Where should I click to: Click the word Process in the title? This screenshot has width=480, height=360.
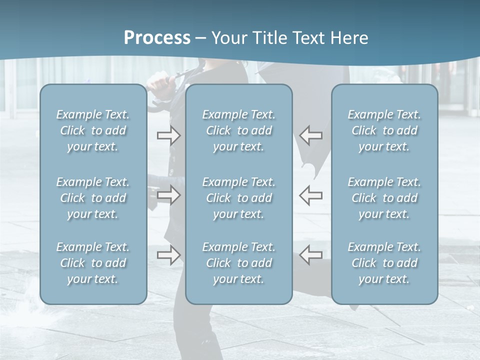[157, 38]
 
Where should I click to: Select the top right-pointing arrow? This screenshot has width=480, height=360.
[168, 135]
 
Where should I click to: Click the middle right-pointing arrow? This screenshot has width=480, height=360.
[168, 195]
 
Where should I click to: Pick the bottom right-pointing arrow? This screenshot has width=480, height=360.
[168, 255]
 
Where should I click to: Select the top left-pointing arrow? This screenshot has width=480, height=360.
[310, 135]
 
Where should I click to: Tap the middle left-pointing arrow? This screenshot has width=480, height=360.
[310, 195]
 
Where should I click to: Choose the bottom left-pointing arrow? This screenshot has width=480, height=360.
[310, 255]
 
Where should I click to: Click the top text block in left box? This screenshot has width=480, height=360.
[93, 130]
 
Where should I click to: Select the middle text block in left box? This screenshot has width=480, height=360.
[93, 198]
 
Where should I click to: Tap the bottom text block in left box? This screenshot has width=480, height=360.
[93, 263]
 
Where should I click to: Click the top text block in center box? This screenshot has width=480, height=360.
[239, 130]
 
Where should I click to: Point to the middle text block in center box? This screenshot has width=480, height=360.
[239, 198]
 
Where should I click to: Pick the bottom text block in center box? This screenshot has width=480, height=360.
[239, 263]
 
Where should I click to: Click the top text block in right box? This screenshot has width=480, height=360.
[384, 130]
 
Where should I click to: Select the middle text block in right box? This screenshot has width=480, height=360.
[384, 198]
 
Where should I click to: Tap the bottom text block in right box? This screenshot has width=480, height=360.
[384, 263]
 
